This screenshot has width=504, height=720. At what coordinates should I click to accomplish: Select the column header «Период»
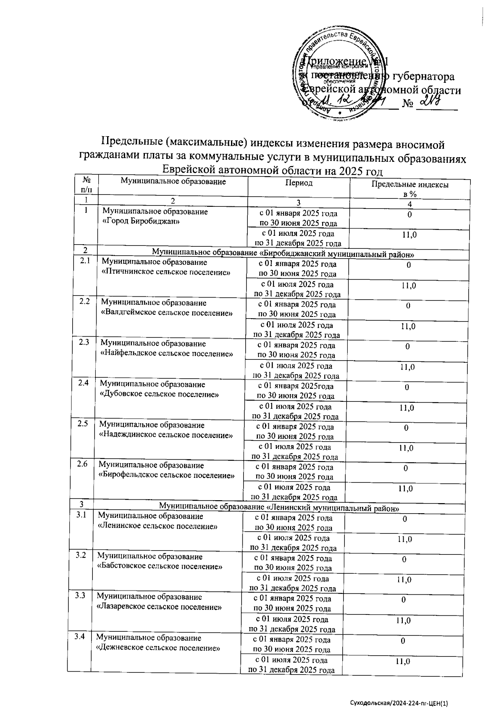point(299,183)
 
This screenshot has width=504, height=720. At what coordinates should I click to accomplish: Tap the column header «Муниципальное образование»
point(173,182)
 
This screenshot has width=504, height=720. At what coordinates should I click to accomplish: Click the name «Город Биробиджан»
point(141,222)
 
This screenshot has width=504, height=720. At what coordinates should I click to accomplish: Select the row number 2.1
point(85,261)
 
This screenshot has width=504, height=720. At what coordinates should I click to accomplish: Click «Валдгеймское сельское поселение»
point(167,313)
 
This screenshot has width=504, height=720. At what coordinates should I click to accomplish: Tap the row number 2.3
point(84,342)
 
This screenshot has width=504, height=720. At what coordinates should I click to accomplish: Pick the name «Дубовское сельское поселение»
point(159,394)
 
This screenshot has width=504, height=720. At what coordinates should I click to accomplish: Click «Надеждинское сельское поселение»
point(165,435)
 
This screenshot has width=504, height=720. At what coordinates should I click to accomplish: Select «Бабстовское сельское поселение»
point(160,566)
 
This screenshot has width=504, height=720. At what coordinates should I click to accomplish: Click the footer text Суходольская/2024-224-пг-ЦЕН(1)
point(399,703)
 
